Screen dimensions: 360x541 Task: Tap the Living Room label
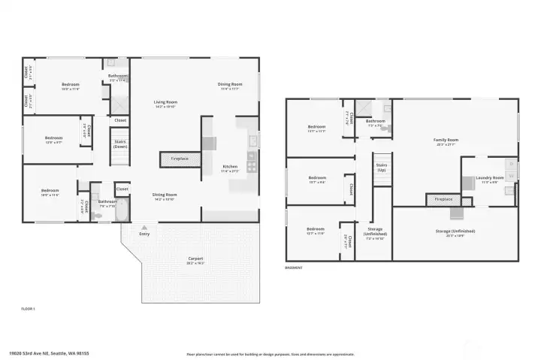click(165, 102)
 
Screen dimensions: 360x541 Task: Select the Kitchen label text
click(230, 167)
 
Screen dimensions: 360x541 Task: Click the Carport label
click(196, 259)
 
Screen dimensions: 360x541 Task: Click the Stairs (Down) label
click(120, 143)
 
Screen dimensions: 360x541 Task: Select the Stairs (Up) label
click(381, 166)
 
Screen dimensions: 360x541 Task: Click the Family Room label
click(446, 141)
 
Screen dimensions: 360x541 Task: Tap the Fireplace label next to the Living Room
click(180, 159)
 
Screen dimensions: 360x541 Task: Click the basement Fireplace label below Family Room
click(444, 200)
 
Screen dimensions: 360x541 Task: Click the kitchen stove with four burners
click(252, 163)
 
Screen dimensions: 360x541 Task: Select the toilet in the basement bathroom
click(385, 129)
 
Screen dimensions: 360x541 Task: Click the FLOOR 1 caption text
click(29, 309)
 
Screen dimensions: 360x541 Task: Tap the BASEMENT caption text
click(293, 267)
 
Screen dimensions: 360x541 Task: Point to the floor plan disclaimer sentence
click(270, 353)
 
